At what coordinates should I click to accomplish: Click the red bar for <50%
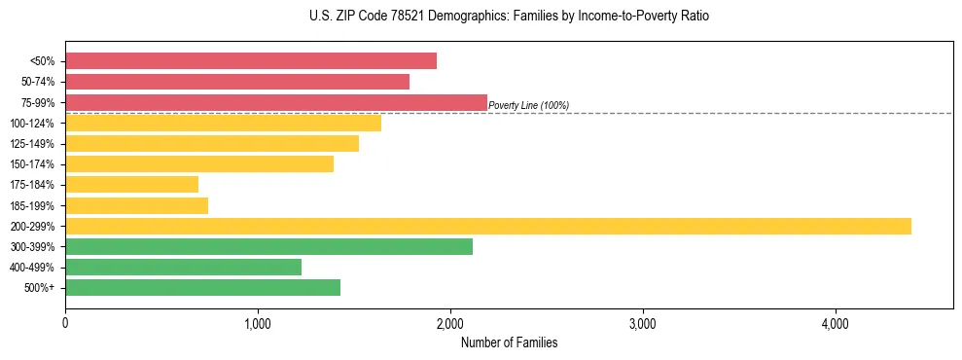coord(251,60)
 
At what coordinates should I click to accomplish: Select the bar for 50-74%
coord(237,82)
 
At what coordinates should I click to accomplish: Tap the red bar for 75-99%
coord(276,102)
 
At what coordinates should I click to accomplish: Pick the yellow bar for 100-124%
coord(223,123)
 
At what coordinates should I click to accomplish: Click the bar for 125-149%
coord(212,143)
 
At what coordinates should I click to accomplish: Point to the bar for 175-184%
coord(131,184)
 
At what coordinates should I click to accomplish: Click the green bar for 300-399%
coord(268,246)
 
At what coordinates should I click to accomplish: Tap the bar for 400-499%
coord(183,267)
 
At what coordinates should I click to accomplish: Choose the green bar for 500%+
coord(202,287)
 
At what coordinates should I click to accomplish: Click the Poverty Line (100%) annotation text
coord(528,105)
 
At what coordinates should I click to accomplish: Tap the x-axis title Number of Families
coord(509,342)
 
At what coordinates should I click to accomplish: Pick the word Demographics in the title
coord(452,17)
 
